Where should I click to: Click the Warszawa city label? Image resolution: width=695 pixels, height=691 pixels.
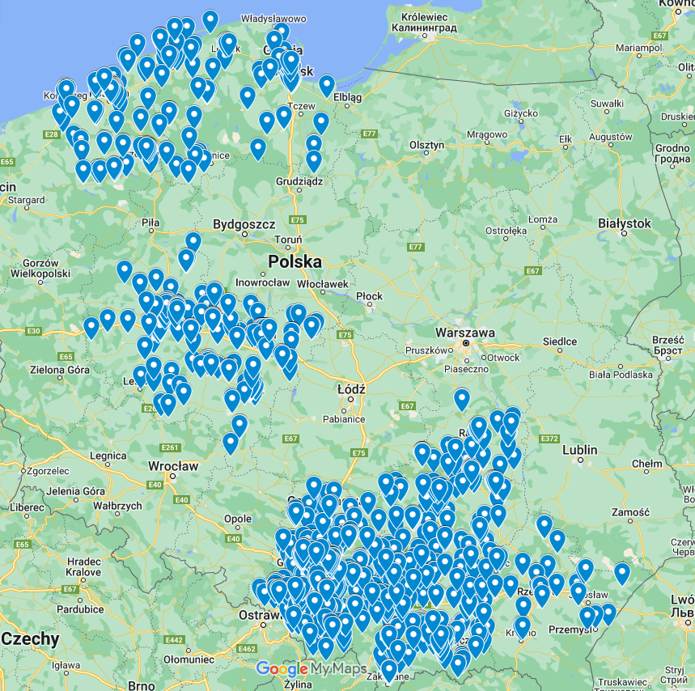(464, 333)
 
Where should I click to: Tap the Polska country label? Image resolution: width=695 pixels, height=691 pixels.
(295, 262)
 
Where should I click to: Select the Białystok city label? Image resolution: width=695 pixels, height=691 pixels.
(623, 223)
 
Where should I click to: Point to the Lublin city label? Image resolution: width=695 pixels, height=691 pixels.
(580, 450)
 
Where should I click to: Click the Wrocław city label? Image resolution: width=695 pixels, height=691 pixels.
(173, 467)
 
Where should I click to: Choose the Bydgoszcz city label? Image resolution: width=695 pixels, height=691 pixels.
(244, 224)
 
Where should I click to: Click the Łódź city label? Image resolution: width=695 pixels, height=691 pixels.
(350, 389)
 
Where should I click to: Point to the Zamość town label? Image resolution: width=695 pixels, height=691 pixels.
(632, 513)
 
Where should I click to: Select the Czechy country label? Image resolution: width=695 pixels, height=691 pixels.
(31, 639)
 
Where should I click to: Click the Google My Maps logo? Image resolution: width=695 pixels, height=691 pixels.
(311, 669)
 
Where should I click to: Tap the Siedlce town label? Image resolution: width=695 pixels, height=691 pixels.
(560, 342)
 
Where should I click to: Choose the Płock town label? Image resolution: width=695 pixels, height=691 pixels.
(369, 296)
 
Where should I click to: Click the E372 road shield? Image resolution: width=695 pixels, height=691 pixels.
(549, 439)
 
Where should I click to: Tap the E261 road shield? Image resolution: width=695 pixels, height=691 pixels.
(170, 447)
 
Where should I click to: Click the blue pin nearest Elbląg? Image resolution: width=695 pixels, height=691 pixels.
(327, 85)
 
